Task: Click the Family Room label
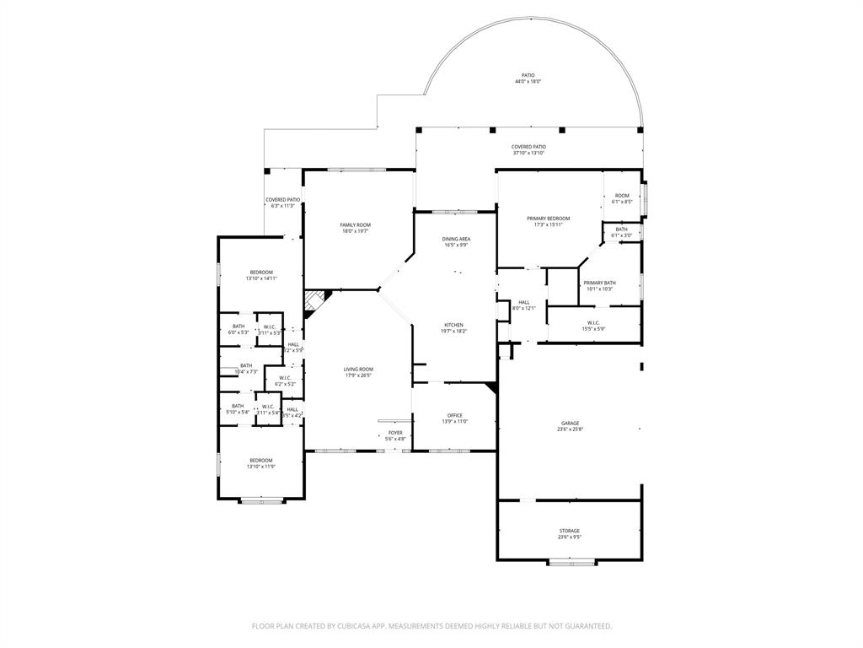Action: point(355,224)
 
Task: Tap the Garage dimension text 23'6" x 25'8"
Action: point(571,429)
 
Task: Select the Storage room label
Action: point(570,531)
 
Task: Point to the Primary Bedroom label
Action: point(551,219)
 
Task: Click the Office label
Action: point(454,415)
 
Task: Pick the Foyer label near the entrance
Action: point(395,433)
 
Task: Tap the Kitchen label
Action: point(454,325)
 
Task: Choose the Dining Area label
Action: point(456,239)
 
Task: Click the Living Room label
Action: point(358,369)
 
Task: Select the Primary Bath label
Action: point(599,283)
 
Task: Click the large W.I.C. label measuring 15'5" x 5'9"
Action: point(593,322)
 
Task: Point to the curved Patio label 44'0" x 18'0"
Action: point(528,75)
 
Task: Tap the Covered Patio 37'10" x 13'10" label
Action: point(528,147)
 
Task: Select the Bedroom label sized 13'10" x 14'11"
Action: point(261,272)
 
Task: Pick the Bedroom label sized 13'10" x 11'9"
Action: point(260,460)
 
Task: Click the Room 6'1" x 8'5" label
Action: point(622,196)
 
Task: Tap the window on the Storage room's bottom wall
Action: point(572,562)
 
